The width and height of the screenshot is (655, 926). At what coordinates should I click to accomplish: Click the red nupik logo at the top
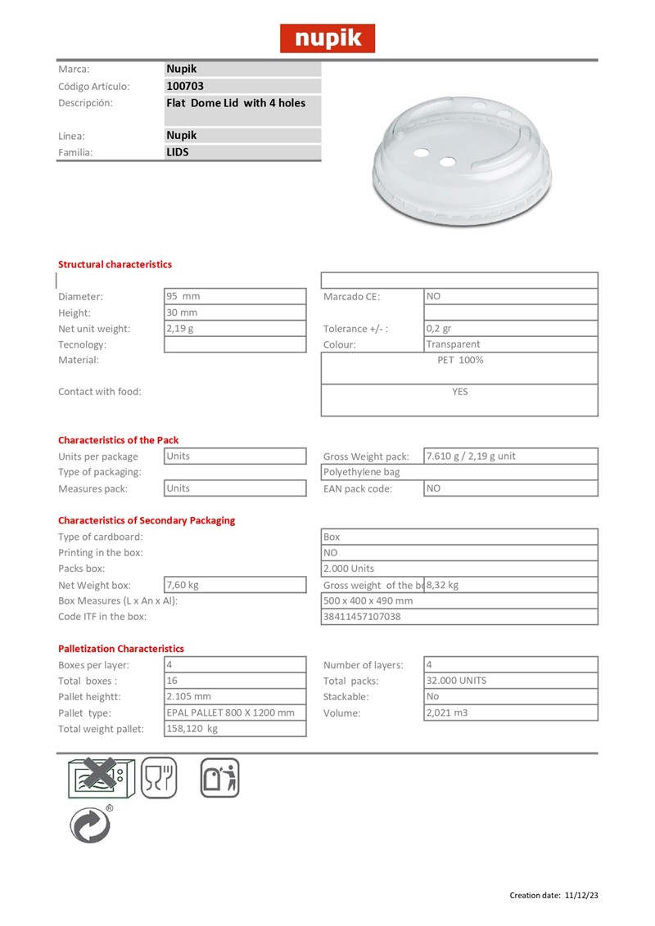click(x=327, y=38)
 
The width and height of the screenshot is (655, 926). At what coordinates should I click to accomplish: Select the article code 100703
click(x=185, y=86)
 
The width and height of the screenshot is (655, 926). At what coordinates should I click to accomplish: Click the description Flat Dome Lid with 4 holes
click(x=236, y=103)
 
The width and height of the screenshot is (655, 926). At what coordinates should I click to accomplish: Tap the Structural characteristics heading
click(x=115, y=264)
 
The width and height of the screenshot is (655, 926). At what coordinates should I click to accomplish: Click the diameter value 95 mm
click(x=183, y=296)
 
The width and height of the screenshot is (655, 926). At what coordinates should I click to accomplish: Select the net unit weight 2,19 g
click(x=180, y=328)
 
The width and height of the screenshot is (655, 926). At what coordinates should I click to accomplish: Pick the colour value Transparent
click(x=453, y=344)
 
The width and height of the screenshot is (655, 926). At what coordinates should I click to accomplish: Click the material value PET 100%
click(x=460, y=360)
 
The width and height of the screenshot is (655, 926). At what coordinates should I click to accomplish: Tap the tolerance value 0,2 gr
click(x=439, y=329)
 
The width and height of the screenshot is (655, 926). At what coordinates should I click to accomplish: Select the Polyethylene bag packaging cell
click(x=362, y=472)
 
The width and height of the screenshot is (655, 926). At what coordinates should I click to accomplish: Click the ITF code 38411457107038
click(x=363, y=616)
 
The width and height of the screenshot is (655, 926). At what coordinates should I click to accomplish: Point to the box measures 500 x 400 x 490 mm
click(x=368, y=600)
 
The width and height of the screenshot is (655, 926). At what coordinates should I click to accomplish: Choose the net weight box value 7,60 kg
click(x=183, y=585)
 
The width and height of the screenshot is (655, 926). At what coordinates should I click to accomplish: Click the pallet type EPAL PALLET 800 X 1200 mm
click(x=230, y=712)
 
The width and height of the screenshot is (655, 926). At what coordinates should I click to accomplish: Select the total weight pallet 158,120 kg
click(x=192, y=728)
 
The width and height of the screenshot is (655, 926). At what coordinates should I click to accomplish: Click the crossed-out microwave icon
click(x=98, y=777)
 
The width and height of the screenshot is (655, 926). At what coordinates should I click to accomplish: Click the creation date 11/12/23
click(x=581, y=895)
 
